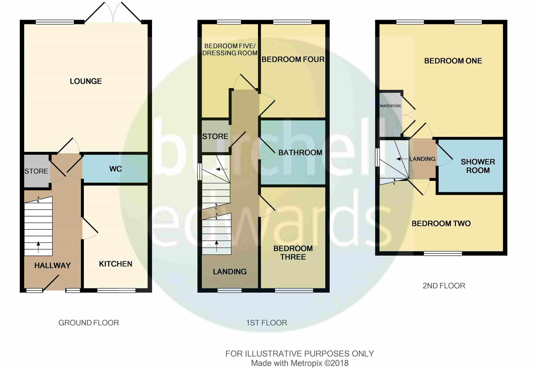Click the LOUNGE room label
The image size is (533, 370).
click(x=86, y=81)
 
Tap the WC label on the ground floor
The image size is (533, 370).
click(x=116, y=169)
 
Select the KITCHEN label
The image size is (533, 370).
click(x=116, y=264)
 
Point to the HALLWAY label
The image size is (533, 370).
click(x=53, y=265)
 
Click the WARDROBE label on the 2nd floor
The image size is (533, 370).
click(x=390, y=106)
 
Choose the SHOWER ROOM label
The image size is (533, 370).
click(x=478, y=166)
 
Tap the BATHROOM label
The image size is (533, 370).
click(x=300, y=153)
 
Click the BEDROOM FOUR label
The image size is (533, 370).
click(x=293, y=59)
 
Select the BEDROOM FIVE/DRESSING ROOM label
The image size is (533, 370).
click(x=230, y=50)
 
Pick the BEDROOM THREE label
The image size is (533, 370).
click(x=293, y=253)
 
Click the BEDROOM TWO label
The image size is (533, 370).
click(x=441, y=223)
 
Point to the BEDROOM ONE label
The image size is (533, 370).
click(x=453, y=61)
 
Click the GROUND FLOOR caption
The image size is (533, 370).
click(x=88, y=323)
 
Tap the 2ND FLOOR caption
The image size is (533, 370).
click(x=444, y=286)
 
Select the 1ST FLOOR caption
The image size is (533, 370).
click(x=266, y=323)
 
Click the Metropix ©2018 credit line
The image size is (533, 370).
click(x=300, y=363)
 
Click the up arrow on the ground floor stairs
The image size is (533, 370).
click(x=38, y=247)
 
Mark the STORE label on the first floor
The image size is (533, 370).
click(x=215, y=136)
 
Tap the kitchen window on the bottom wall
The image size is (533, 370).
click(x=116, y=290)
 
